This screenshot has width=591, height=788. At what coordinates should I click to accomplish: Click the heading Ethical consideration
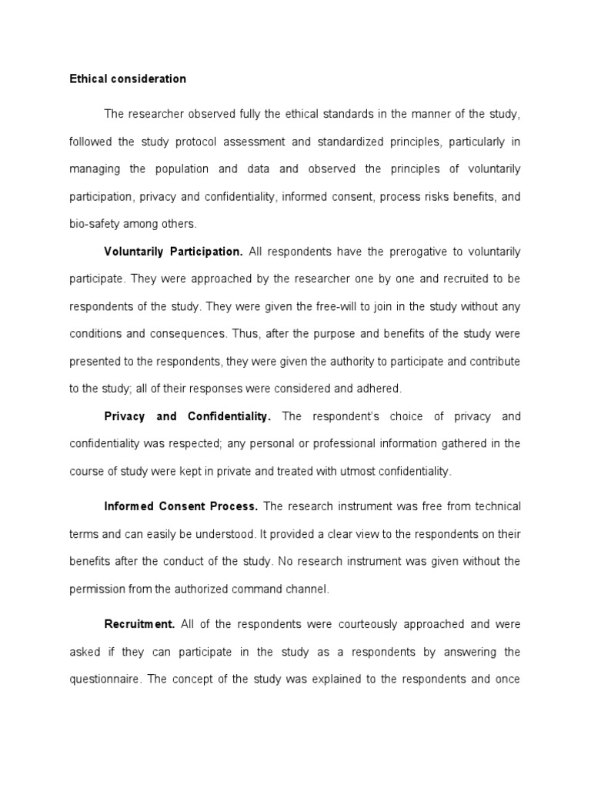(x=128, y=78)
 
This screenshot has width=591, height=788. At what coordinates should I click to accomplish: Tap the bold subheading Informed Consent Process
(x=181, y=506)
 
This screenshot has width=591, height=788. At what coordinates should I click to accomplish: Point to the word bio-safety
(x=93, y=224)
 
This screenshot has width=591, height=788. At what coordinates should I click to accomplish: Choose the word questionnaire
(x=104, y=679)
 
